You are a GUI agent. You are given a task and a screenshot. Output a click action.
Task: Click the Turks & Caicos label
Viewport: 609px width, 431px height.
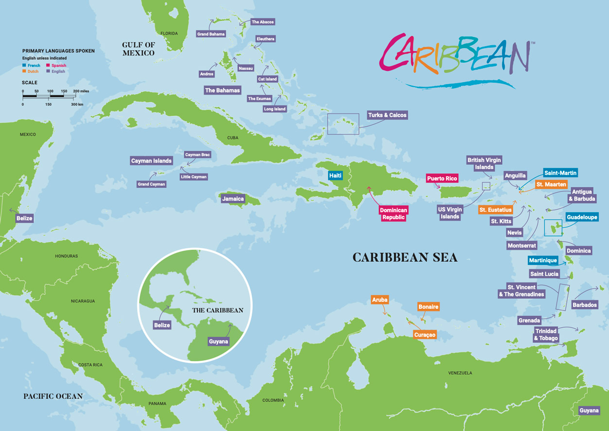(x=387, y=115)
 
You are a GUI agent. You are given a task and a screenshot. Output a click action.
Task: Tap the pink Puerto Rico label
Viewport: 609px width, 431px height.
(x=442, y=179)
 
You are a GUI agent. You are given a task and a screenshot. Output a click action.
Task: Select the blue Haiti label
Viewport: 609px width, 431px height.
(x=335, y=175)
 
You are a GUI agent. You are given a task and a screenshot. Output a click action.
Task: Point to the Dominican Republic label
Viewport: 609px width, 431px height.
(x=393, y=214)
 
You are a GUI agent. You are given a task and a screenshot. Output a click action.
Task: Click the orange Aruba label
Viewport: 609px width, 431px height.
(x=380, y=300)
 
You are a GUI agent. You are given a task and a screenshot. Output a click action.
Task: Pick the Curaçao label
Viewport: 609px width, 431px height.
(x=425, y=335)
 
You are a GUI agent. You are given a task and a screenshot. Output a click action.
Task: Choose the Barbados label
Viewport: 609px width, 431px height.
(x=585, y=305)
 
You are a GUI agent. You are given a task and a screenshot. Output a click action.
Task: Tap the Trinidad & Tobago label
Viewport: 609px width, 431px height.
(x=546, y=335)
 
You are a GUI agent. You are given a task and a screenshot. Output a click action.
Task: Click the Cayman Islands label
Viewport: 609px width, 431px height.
(x=151, y=161)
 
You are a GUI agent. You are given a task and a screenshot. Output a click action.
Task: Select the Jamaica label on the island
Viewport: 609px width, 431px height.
(x=233, y=199)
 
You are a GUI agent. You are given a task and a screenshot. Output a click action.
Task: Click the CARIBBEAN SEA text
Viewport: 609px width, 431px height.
(x=405, y=257)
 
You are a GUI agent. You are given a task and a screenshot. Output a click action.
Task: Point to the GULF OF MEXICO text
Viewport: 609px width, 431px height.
(x=139, y=49)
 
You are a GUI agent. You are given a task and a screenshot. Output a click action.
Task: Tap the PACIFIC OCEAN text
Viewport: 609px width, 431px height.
(x=53, y=396)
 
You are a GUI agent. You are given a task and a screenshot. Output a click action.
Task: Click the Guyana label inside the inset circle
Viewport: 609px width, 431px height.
(x=218, y=341)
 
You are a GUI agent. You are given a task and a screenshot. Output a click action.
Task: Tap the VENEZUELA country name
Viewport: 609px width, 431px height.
(x=460, y=373)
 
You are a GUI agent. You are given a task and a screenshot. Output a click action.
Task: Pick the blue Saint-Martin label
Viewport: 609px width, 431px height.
(x=560, y=173)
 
